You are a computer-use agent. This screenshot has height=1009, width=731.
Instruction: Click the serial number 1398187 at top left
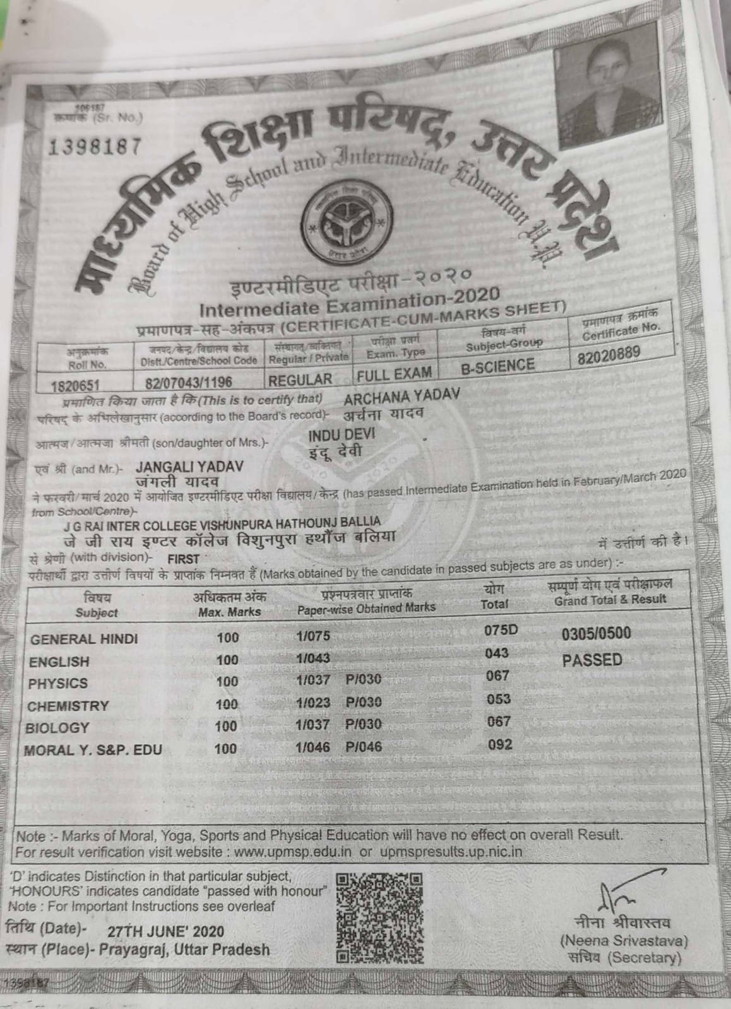point(94,147)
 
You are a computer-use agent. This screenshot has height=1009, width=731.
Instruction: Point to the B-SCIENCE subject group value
point(497,366)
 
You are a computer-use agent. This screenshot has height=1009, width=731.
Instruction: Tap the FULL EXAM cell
point(394,375)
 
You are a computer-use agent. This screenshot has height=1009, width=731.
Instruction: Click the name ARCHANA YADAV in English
point(402,395)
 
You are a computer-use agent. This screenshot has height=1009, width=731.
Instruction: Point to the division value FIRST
point(184,559)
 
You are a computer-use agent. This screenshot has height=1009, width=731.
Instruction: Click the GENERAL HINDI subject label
point(84,639)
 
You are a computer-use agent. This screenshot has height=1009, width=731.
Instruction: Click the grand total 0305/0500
point(595,634)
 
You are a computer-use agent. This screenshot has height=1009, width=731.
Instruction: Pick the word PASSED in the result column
point(592,660)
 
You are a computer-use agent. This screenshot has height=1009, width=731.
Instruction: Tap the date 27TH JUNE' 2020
point(165,932)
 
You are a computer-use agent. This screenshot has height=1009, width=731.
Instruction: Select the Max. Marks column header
point(229,611)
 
